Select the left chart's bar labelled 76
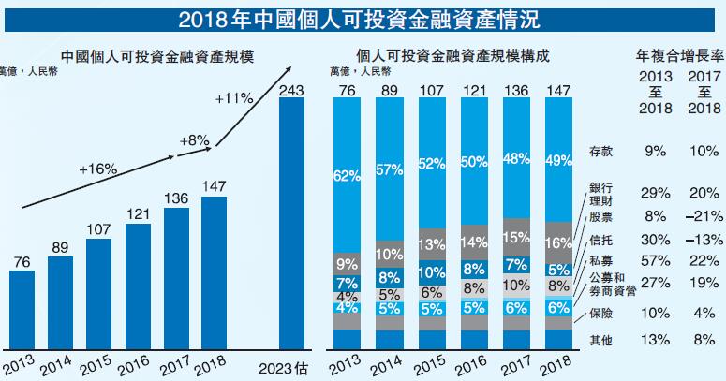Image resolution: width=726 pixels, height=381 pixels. coord(22,307)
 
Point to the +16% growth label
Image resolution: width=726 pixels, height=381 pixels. coord(97,169)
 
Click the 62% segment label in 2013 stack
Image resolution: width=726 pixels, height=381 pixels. coord(346,174)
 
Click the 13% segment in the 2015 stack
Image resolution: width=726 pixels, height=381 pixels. coord(431,244)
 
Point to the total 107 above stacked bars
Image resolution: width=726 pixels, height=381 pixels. coord(431,90)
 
